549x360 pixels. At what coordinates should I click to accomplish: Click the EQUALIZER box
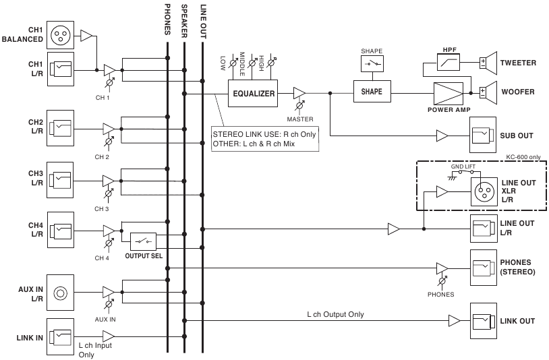(x=254, y=94)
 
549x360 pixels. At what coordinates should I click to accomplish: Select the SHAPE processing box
(x=372, y=92)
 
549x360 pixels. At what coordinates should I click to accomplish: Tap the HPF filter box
(x=450, y=63)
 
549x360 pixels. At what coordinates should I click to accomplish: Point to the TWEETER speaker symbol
(x=487, y=63)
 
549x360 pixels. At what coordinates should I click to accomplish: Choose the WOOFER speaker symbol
(x=487, y=91)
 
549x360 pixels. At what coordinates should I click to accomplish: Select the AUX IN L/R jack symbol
(x=60, y=293)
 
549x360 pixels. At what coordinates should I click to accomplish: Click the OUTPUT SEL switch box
(x=141, y=241)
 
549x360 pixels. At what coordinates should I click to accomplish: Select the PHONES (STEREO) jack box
(x=483, y=266)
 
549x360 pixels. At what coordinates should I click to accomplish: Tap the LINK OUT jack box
(x=483, y=320)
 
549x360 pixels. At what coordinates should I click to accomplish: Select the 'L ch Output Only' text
(x=335, y=314)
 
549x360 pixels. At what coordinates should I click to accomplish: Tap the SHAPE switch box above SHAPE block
(x=372, y=65)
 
